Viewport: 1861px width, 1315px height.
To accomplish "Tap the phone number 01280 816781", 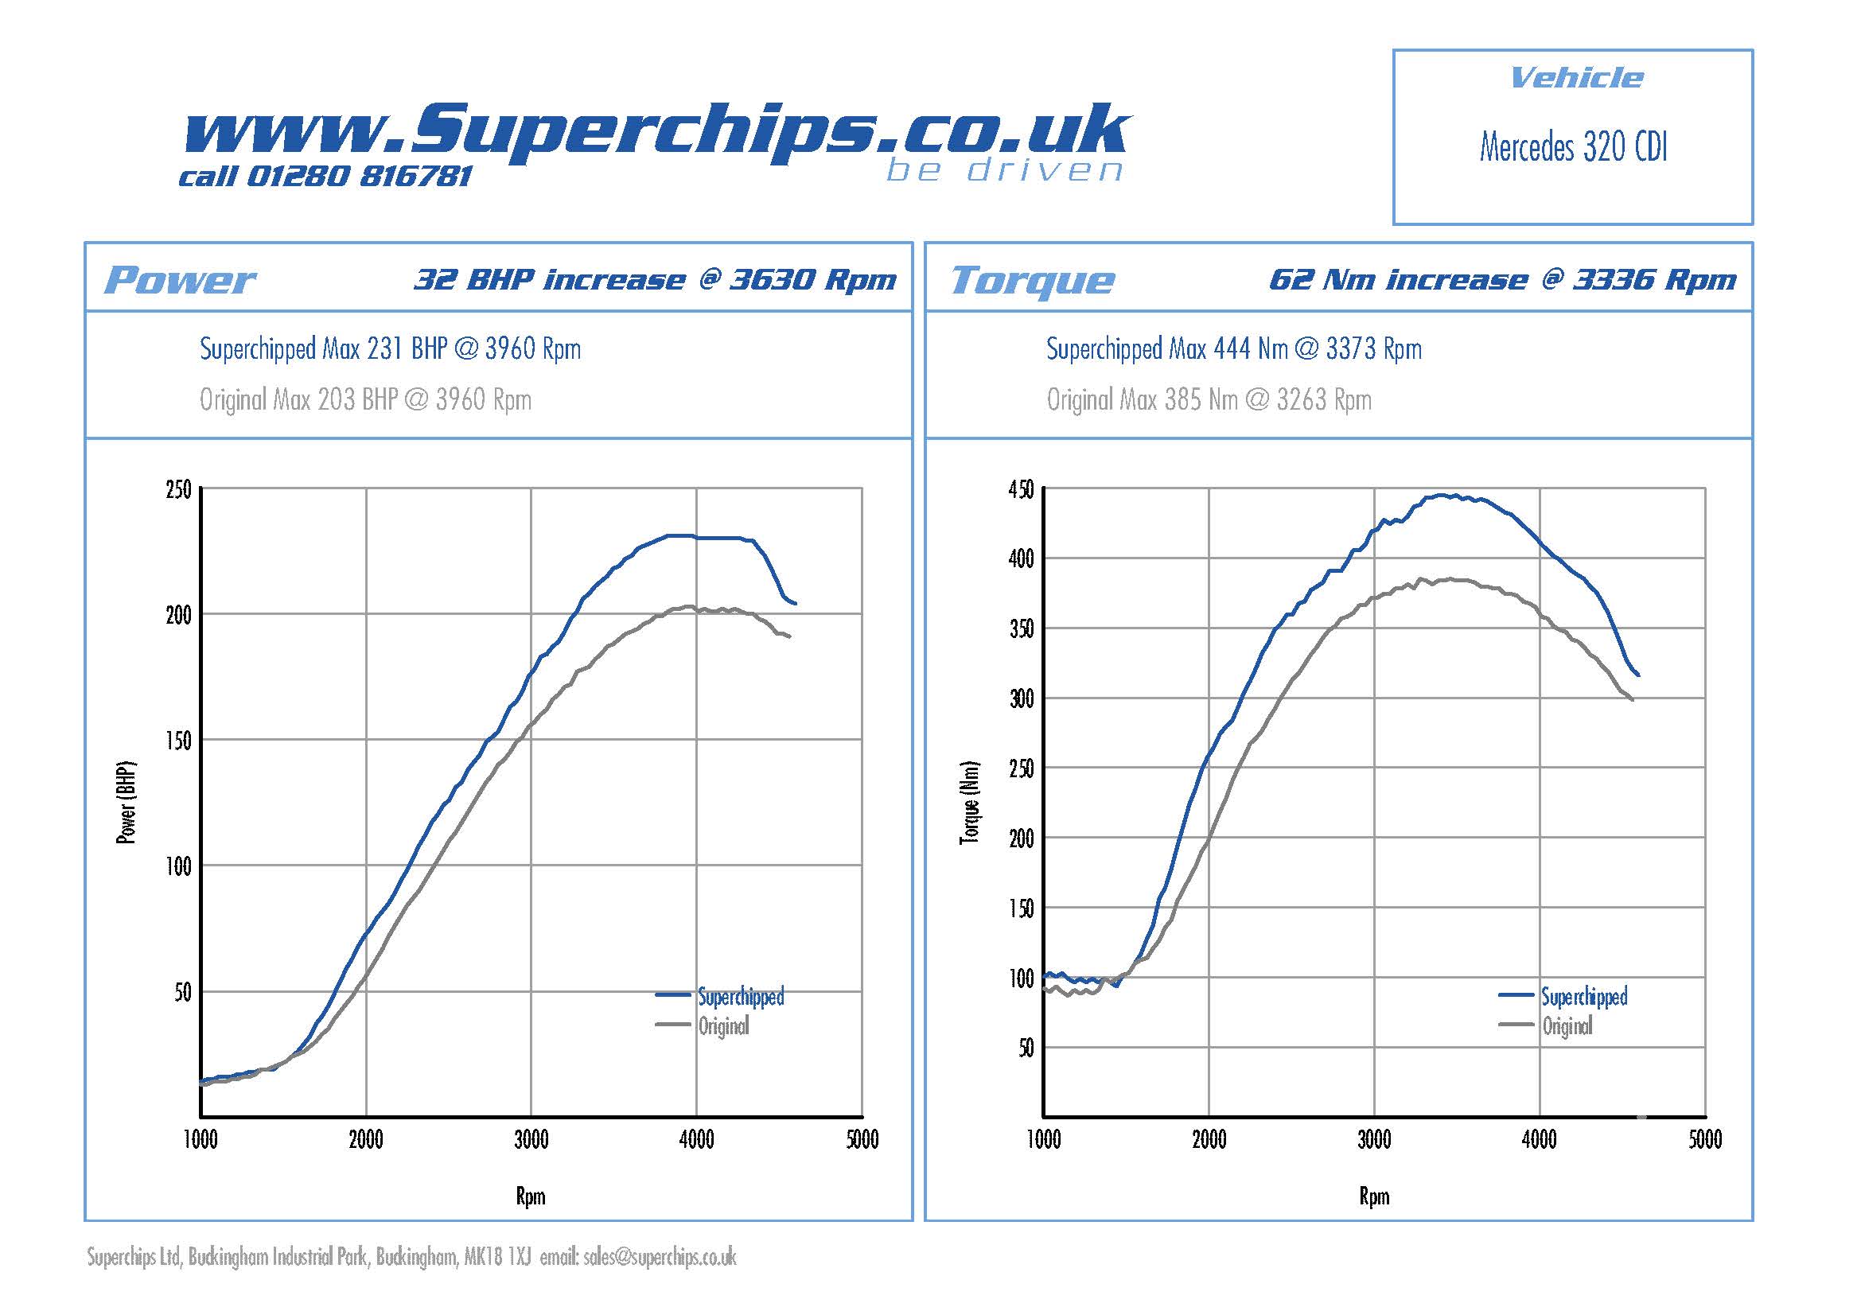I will pos(358,176).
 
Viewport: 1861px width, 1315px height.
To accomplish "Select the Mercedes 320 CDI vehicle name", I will pos(1572,147).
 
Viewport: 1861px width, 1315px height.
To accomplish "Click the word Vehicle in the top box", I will pos(1576,78).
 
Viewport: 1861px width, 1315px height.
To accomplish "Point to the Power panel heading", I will pos(179,280).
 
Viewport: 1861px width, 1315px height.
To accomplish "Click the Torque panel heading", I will pos(1032,280).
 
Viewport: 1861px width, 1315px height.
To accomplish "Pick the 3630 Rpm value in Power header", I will pos(813,279).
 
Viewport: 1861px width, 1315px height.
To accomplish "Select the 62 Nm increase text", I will pos(1398,279).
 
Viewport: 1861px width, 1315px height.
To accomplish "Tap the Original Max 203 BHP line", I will pos(365,399).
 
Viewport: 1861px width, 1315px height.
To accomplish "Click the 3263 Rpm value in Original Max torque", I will pos(1324,399).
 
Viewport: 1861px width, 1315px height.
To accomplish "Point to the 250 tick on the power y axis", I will pos(178,489).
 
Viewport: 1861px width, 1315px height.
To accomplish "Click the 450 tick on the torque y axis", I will pos(1021,489).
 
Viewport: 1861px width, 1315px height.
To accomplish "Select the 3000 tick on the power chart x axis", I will pos(531,1140).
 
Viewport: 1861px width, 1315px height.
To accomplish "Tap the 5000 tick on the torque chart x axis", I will pos(1704,1140).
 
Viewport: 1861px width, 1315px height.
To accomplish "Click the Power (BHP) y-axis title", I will pos(127,802).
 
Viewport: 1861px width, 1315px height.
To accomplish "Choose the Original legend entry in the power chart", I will pos(723,1026).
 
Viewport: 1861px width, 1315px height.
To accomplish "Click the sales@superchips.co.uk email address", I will pos(660,1257).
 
